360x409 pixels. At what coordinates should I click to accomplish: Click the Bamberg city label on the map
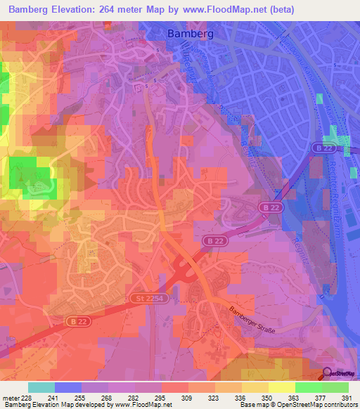point(189,33)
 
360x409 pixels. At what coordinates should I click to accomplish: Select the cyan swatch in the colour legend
point(41,387)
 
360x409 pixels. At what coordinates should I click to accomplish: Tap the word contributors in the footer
point(340,405)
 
